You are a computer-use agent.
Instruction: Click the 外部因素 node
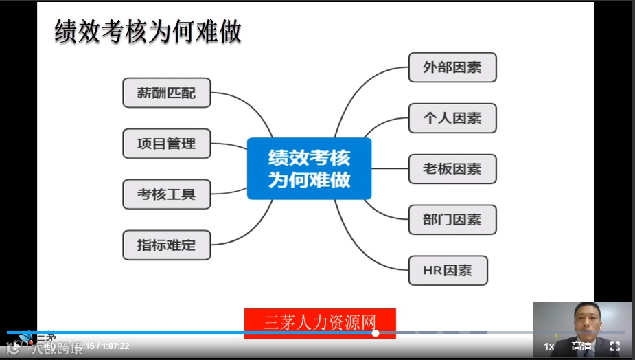click(452, 67)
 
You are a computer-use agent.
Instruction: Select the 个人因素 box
click(452, 118)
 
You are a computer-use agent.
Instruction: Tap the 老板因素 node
click(452, 169)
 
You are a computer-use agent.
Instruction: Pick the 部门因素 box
click(452, 220)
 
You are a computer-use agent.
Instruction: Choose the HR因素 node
click(447, 271)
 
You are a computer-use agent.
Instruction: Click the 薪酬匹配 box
click(166, 93)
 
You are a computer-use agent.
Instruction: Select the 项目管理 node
click(166, 144)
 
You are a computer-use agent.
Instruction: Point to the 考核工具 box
click(166, 194)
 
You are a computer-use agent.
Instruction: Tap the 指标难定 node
click(166, 245)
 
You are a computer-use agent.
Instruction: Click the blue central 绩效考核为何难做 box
click(309, 169)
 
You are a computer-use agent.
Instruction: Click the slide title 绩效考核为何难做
click(148, 32)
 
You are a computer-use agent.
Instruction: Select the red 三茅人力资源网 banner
click(320, 323)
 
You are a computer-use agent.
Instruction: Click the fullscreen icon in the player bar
click(615, 346)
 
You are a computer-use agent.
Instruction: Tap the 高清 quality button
click(581, 346)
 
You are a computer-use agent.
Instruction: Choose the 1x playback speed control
click(549, 346)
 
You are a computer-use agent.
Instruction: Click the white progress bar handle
click(376, 333)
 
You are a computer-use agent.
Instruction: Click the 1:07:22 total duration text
click(115, 346)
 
